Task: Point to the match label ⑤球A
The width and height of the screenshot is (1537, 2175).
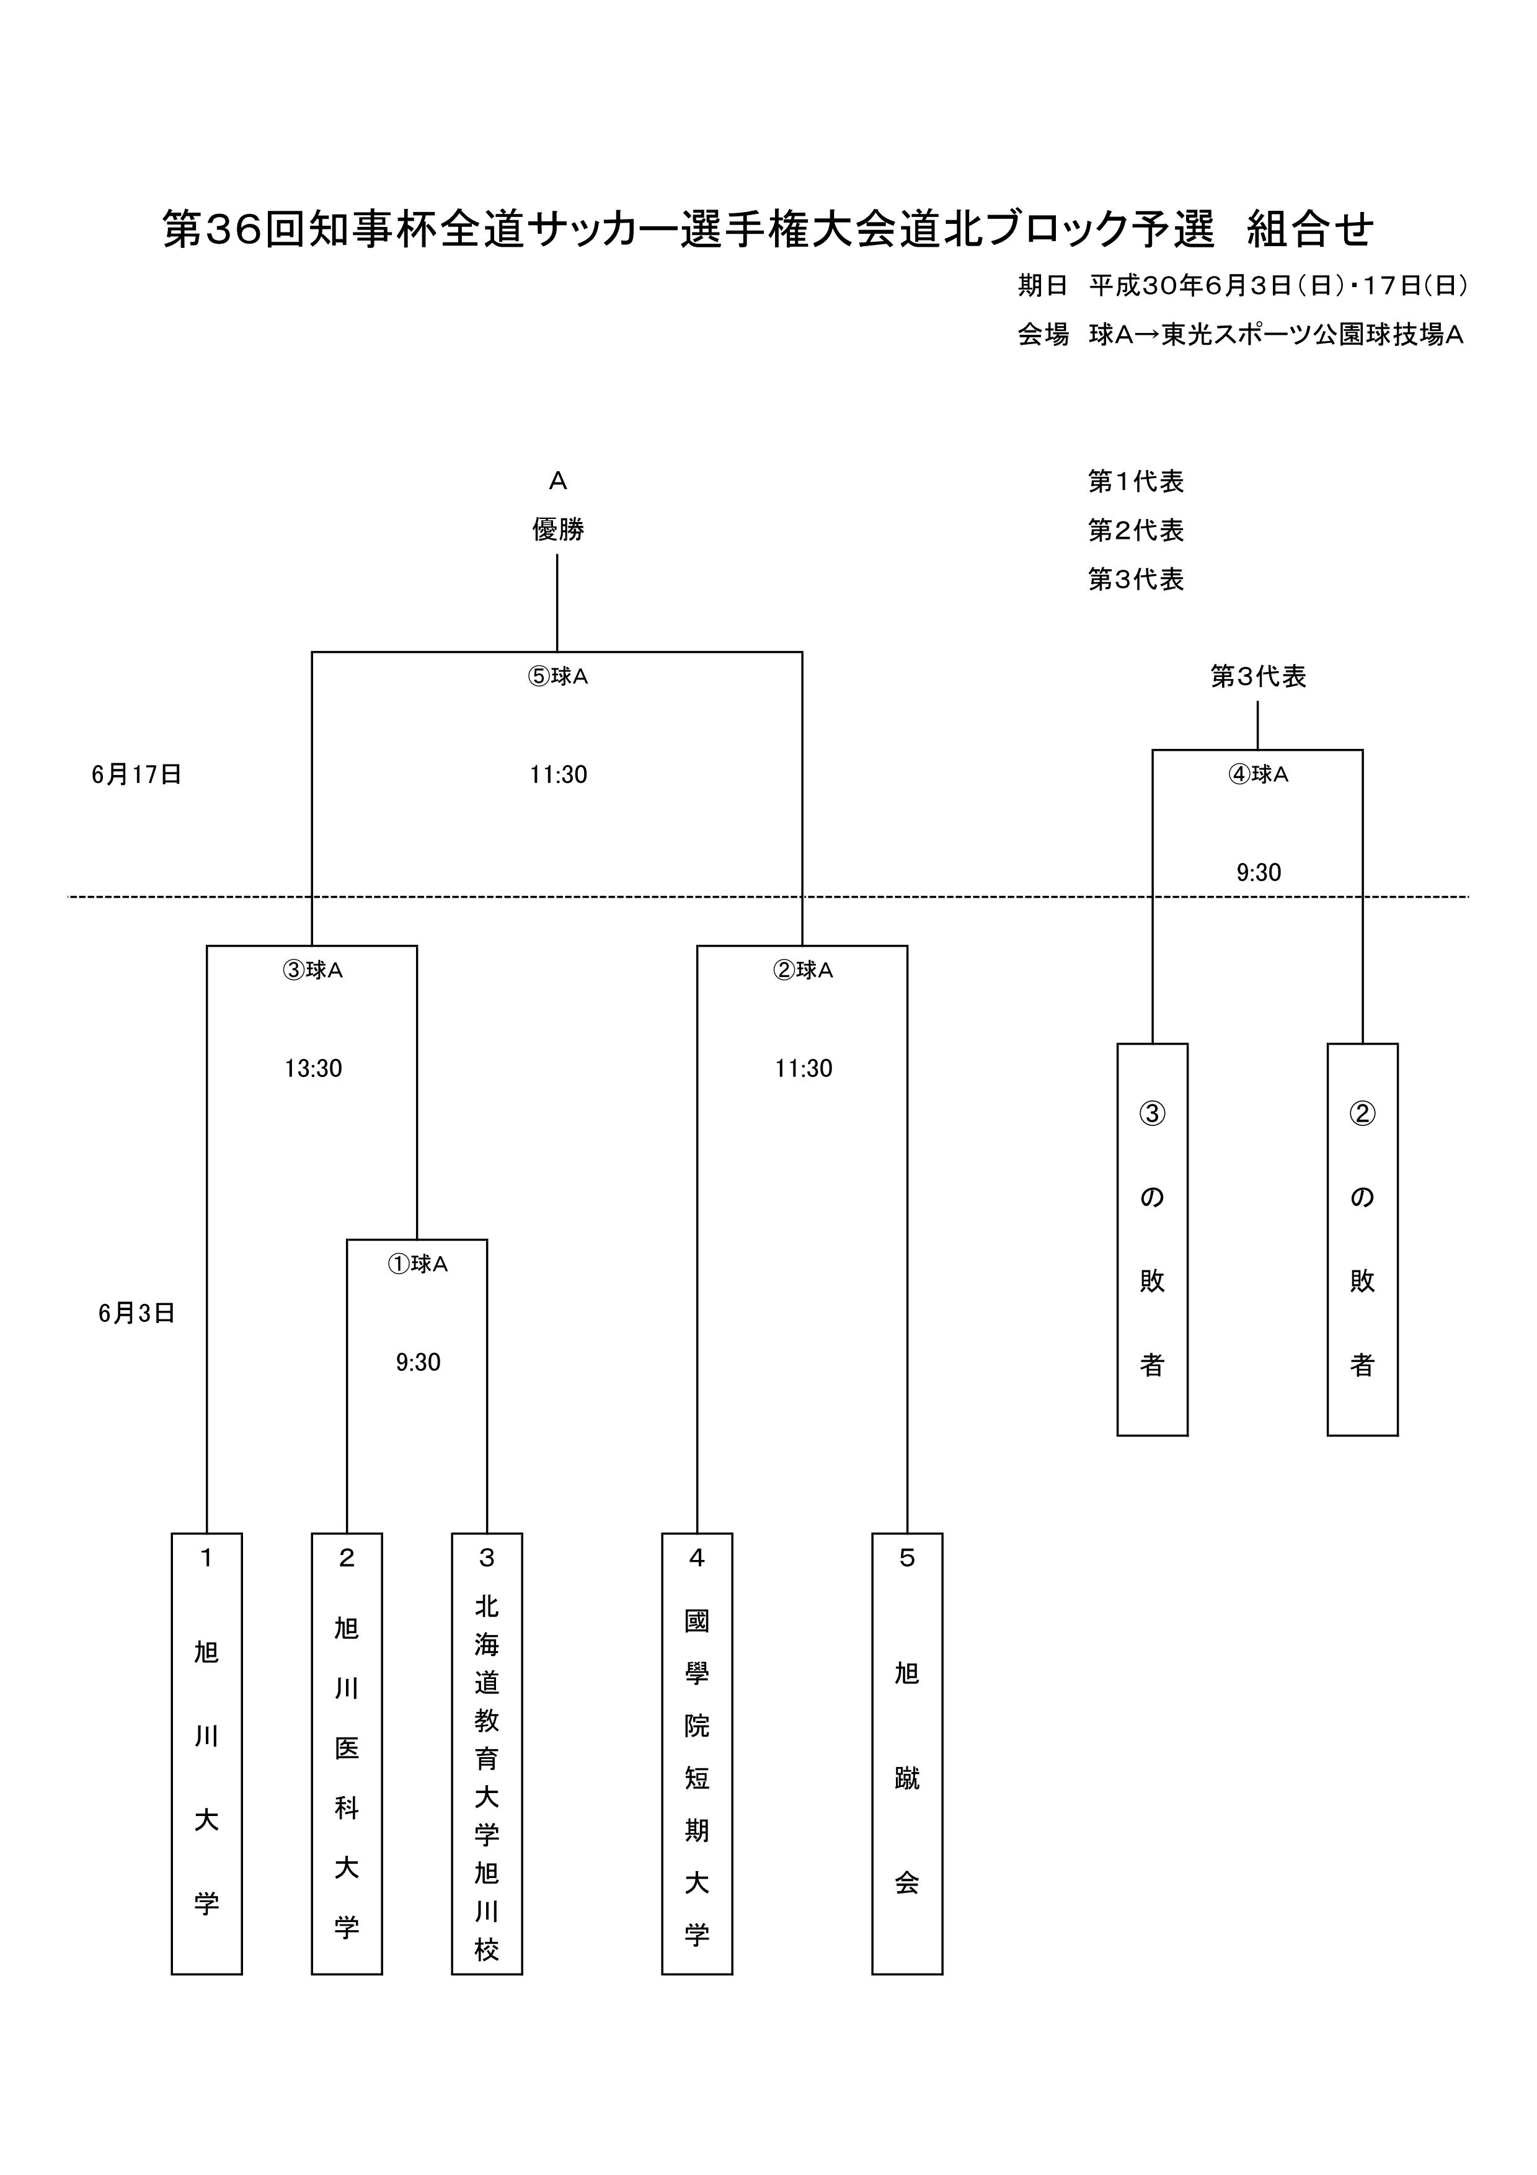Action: click(x=558, y=676)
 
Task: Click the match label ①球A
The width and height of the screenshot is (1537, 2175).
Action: click(x=418, y=1264)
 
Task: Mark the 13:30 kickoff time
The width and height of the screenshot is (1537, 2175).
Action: click(x=314, y=1068)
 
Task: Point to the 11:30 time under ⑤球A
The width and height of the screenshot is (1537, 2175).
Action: click(x=558, y=775)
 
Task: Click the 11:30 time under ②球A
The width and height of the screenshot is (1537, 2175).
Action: click(x=803, y=1068)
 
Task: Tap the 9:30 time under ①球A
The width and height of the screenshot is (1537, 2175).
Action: click(x=418, y=1362)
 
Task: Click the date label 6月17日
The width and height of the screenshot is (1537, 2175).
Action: click(x=136, y=775)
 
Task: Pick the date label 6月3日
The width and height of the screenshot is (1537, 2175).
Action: click(x=136, y=1313)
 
